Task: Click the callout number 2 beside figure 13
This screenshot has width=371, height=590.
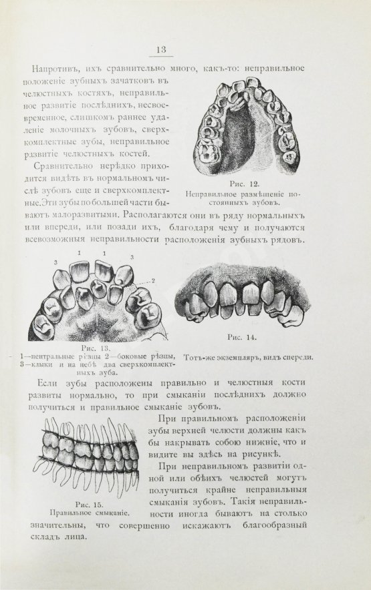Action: click(153, 281)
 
